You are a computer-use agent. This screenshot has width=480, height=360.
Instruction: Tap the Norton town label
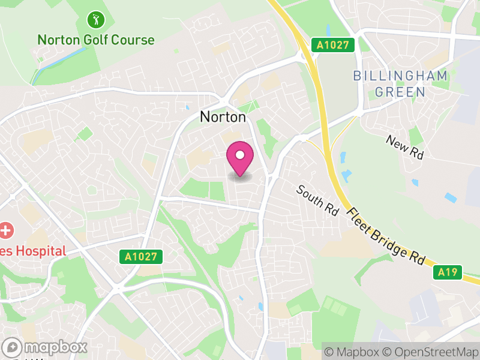[x=223, y=117]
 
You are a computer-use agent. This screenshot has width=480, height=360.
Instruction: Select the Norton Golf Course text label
[x=95, y=40]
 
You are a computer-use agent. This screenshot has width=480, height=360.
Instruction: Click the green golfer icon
[x=95, y=20]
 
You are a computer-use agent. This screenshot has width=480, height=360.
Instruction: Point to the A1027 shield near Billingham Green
[x=333, y=44]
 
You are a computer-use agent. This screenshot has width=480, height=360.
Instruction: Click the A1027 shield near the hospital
[x=142, y=257]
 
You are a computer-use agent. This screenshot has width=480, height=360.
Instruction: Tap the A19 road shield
[x=448, y=272]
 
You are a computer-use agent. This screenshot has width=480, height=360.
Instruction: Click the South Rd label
[x=317, y=200]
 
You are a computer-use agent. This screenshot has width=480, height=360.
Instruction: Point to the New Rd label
[x=405, y=148]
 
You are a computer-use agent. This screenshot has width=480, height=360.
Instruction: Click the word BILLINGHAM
[x=400, y=76]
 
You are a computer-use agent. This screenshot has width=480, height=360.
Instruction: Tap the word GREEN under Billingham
[x=400, y=92]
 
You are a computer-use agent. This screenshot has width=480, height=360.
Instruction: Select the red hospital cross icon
[x=5, y=229]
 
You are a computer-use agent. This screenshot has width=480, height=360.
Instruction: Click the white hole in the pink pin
[x=240, y=155]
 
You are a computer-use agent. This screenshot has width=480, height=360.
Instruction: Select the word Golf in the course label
[x=94, y=40]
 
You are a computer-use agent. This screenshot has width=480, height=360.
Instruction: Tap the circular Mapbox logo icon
[x=13, y=347]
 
